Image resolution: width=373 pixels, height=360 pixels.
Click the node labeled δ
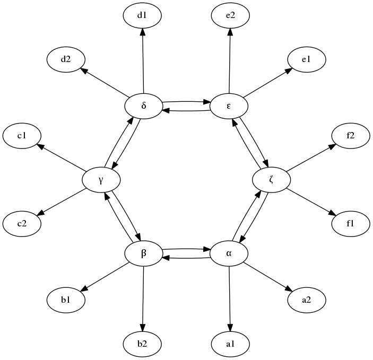143,106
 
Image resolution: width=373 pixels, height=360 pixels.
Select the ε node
229,106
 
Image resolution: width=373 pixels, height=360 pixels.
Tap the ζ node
271,180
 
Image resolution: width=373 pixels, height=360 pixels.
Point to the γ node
101,180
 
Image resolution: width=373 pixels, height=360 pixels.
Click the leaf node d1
142,15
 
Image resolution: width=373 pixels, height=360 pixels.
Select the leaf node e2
230,15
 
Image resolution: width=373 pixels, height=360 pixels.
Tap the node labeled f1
350,223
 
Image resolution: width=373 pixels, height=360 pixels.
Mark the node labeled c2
22,223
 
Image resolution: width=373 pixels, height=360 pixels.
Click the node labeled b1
66,300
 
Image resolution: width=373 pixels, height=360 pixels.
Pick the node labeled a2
306,300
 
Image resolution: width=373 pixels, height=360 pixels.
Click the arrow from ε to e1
267,83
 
